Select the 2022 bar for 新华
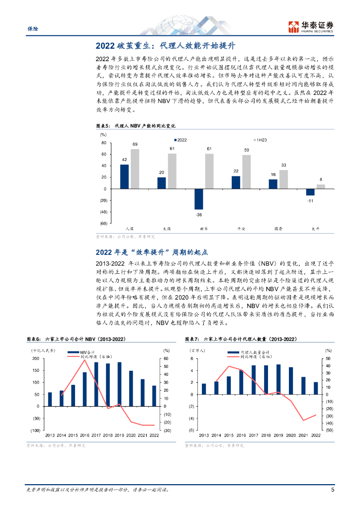[x=199, y=199]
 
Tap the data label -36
[x=199, y=214]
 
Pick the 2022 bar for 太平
[x=310, y=192]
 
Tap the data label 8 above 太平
[x=321, y=180]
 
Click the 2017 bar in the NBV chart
[x=96, y=384]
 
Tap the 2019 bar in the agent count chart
[x=278, y=379]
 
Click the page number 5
[x=332, y=490]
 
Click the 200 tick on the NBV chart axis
[x=35, y=358]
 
